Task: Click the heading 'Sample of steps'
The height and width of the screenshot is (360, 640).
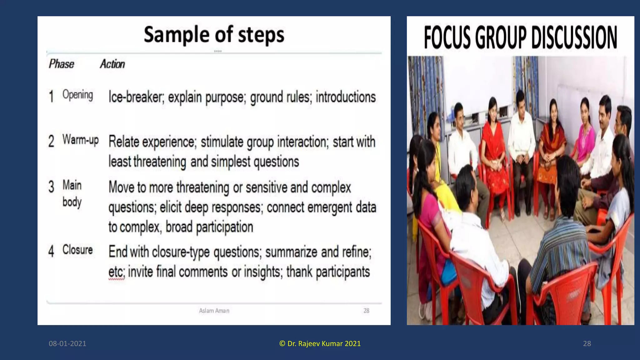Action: click(214, 34)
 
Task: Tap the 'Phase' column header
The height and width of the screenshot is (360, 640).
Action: click(61, 64)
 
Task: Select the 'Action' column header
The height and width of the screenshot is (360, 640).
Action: click(112, 64)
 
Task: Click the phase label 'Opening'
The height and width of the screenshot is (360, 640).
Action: click(77, 95)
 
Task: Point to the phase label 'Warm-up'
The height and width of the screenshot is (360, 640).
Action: click(80, 140)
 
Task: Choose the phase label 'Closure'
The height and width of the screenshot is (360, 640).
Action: click(77, 250)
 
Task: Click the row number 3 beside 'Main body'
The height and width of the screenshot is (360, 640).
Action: click(51, 187)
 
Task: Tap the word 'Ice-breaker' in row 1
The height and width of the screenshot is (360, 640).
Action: click(136, 97)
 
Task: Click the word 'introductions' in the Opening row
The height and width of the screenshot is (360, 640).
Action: click(345, 97)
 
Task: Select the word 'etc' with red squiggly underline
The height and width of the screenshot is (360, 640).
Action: click(116, 272)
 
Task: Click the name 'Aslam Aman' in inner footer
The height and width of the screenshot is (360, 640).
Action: click(214, 311)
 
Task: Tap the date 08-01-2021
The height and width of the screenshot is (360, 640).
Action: click(67, 343)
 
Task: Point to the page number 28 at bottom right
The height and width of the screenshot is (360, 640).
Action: click(587, 343)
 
